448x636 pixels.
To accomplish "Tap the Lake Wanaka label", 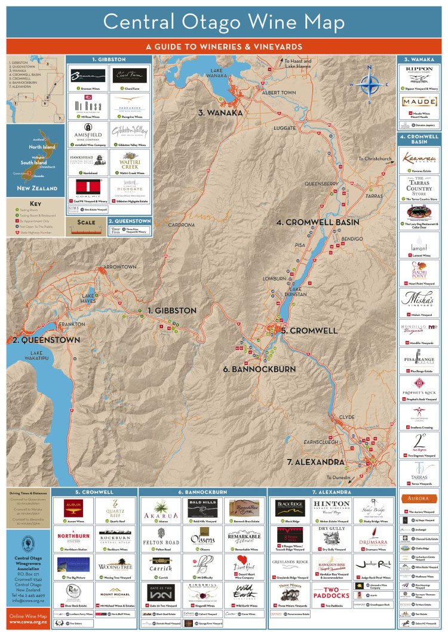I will click(225, 74).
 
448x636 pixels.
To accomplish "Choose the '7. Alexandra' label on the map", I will click(315, 462).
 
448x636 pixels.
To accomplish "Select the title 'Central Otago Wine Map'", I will click(224, 22).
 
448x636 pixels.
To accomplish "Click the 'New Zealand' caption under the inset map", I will click(37, 188).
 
